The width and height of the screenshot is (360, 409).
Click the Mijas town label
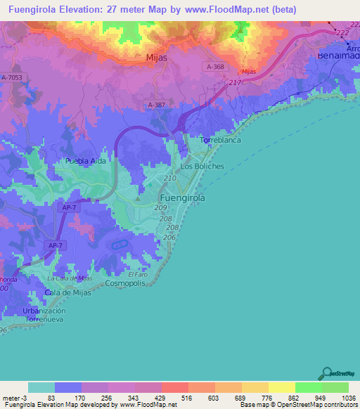156,58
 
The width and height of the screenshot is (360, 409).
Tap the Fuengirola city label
179,198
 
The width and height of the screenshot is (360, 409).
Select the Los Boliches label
202,167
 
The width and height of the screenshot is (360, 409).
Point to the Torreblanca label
221,140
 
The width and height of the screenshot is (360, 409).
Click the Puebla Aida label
86,161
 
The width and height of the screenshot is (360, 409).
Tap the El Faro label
138,273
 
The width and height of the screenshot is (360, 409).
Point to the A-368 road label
216,65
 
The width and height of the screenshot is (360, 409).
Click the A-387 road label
156,105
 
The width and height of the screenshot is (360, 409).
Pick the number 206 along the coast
169,238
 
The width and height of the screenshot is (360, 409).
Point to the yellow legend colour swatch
281,387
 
